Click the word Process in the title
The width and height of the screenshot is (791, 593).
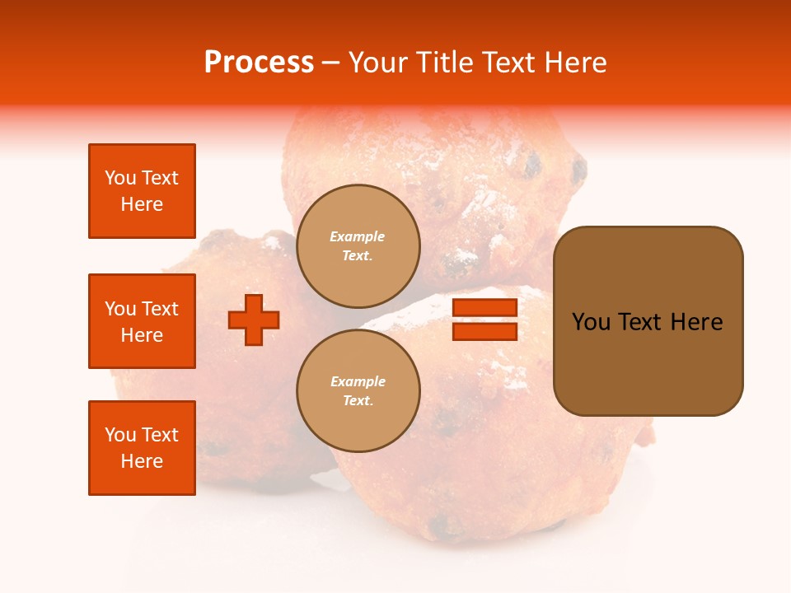pyautogui.click(x=259, y=63)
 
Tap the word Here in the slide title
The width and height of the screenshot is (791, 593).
pyautogui.click(x=574, y=63)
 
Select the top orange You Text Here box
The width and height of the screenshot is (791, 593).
pyautogui.click(x=142, y=191)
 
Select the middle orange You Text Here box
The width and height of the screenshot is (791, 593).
pyautogui.click(x=142, y=321)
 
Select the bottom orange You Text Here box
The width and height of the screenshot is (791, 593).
pyautogui.click(x=142, y=448)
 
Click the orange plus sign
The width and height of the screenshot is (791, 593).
pyautogui.click(x=254, y=320)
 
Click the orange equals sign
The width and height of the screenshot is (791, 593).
pyautogui.click(x=484, y=320)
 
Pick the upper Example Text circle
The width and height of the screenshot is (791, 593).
pyautogui.click(x=358, y=245)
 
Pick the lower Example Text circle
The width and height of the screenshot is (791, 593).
pyautogui.click(x=358, y=390)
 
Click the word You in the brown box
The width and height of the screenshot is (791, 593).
pyautogui.click(x=590, y=322)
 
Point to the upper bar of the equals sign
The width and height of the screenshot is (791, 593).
pyautogui.click(x=484, y=308)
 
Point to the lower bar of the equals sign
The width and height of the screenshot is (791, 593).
pyautogui.click(x=484, y=331)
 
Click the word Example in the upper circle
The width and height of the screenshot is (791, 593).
pyautogui.click(x=358, y=236)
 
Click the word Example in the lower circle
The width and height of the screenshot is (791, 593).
pyautogui.click(x=358, y=381)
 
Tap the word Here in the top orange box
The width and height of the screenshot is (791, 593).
pyautogui.click(x=142, y=204)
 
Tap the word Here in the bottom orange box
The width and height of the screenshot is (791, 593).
pyautogui.click(x=142, y=461)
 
